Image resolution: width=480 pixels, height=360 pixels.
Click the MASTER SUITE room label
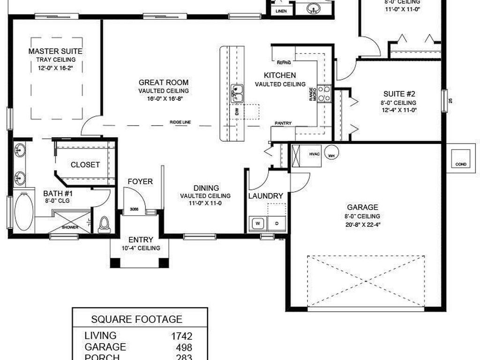pyautogui.click(x=55, y=51)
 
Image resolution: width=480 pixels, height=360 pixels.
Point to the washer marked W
pyautogui.click(x=257, y=224)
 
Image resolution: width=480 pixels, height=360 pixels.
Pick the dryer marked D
pyautogui.click(x=277, y=224)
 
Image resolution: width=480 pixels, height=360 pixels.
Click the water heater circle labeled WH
pyautogui.click(x=331, y=156)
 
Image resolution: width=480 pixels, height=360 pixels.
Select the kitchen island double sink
pyautogui.click(x=237, y=93)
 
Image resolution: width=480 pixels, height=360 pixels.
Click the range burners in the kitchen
pyautogui.click(x=324, y=93)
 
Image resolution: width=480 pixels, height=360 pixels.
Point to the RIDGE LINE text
pyautogui.click(x=180, y=122)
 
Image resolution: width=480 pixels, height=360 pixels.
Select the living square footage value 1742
pyautogui.click(x=182, y=336)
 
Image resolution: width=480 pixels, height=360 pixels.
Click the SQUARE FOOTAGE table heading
pyautogui.click(x=136, y=319)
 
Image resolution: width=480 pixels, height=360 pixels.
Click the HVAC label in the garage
pyautogui.click(x=314, y=153)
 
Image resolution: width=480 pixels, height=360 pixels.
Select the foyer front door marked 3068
pyautogui.click(x=135, y=209)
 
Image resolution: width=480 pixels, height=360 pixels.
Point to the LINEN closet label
pyautogui.click(x=281, y=10)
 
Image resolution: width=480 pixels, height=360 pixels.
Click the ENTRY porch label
pyautogui.click(x=141, y=240)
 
